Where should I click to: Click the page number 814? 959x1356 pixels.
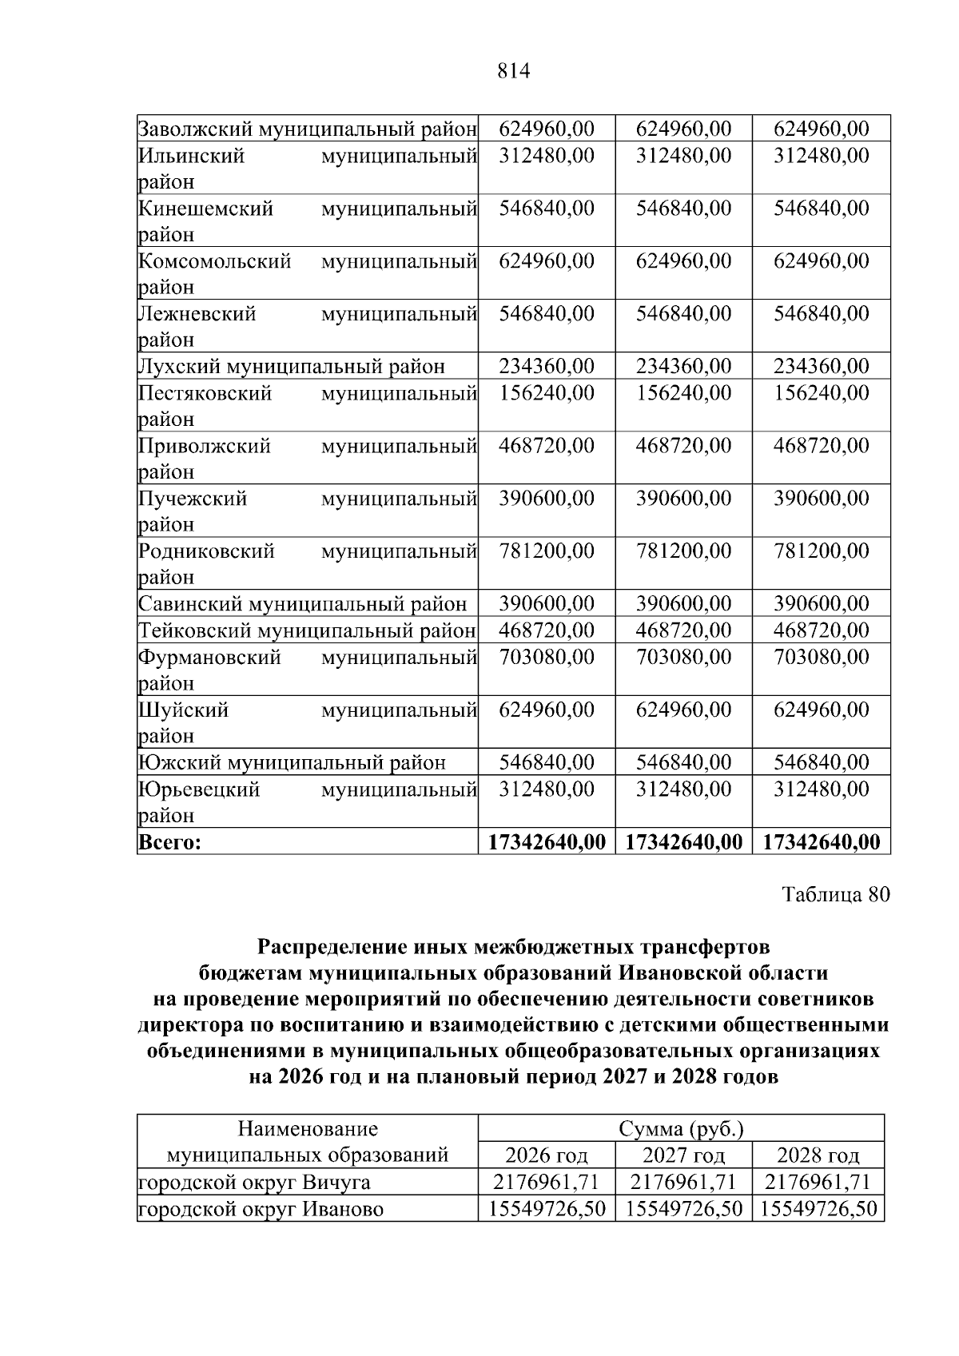(513, 72)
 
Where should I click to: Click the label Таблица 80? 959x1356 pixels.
(835, 895)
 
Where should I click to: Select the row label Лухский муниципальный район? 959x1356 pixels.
(292, 367)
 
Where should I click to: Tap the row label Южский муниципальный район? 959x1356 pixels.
(292, 763)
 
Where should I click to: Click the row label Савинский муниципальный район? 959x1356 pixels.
(302, 605)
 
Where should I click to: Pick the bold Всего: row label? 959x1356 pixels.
(169, 842)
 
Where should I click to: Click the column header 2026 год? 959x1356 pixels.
(547, 1155)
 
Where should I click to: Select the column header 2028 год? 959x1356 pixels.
(818, 1155)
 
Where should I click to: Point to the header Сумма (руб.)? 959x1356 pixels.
(681, 1129)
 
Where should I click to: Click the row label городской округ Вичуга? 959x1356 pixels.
(254, 1183)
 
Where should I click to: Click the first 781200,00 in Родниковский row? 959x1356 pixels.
(547, 551)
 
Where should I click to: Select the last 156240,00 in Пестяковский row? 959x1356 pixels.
(821, 393)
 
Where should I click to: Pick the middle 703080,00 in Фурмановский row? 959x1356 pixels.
(683, 658)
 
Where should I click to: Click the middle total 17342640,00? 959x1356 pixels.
(683, 842)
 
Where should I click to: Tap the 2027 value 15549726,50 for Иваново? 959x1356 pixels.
(683, 1209)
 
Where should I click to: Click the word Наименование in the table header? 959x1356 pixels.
(308, 1129)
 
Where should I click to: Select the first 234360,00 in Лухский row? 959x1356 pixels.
(547, 367)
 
